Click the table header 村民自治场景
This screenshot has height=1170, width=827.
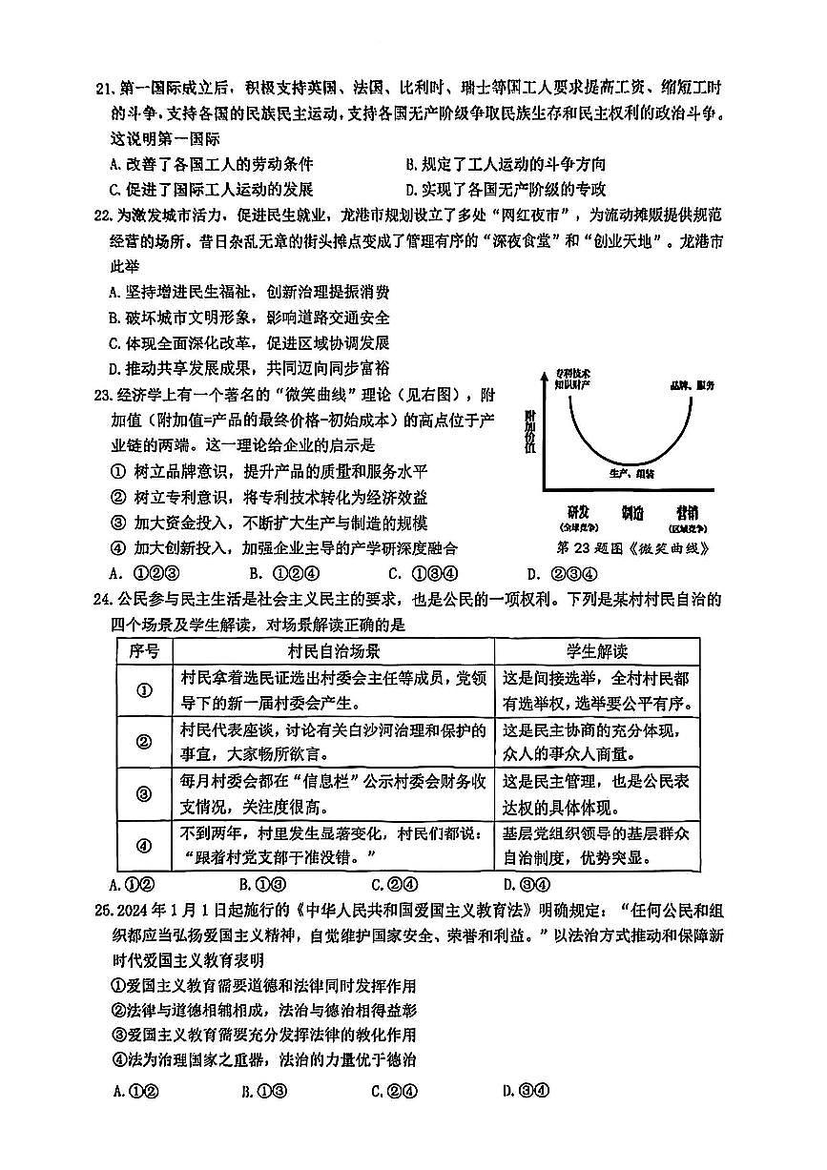(x=334, y=651)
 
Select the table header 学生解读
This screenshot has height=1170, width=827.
(x=596, y=651)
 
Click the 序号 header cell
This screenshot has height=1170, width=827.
(x=144, y=651)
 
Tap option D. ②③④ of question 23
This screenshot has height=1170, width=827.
(x=562, y=574)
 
